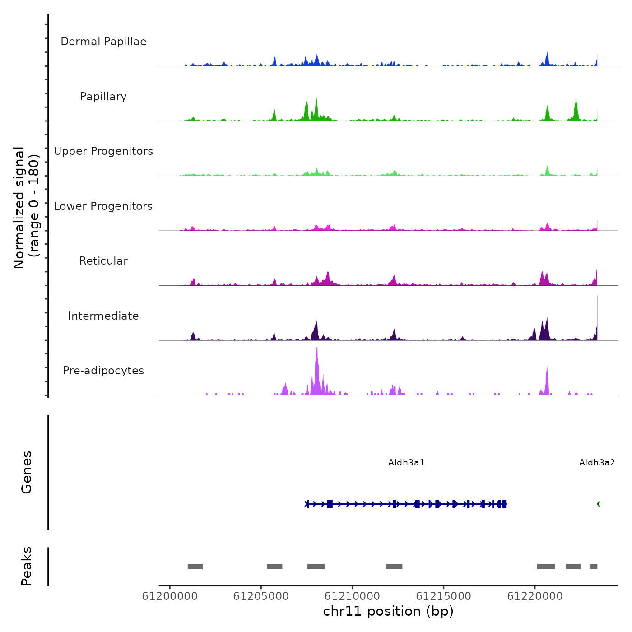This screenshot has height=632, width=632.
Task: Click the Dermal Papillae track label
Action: pos(103,42)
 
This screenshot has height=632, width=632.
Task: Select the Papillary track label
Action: pos(103,97)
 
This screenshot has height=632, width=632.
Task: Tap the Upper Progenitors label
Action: pos(103,151)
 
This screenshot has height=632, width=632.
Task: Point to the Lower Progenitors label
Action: pos(103,206)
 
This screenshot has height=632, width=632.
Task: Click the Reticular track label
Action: pos(103,261)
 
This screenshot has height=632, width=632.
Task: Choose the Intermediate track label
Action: pos(103,316)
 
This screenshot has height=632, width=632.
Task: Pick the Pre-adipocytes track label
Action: pos(103,371)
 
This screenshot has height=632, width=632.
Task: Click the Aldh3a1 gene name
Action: pos(406,463)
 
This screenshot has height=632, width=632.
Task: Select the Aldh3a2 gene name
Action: pos(597,463)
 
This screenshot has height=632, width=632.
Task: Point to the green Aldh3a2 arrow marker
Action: pos(599,504)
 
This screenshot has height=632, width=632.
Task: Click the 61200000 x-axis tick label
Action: pos(170,596)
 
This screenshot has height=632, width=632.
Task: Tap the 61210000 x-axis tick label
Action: pos(352,596)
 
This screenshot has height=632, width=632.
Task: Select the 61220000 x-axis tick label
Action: pos(535,596)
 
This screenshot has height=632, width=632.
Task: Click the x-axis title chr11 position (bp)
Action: pos(388,611)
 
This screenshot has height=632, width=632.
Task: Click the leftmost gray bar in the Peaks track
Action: pos(195,567)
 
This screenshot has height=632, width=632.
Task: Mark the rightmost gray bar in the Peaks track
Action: pos(594,567)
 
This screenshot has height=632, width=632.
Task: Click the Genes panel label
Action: pos(26,472)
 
